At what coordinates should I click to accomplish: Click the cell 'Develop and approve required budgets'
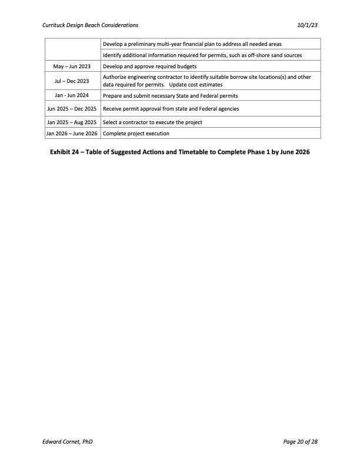pos(149,66)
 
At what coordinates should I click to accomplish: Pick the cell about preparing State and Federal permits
pos(170,95)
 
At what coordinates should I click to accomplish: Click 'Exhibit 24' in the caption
pos(66,152)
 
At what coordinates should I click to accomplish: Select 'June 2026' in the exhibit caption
pos(294,152)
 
